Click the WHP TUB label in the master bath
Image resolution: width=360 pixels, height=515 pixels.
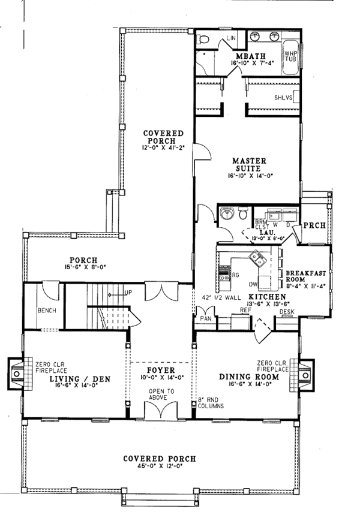pyautogui.click(x=290, y=55)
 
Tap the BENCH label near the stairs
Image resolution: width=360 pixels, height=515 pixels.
pyautogui.click(x=46, y=311)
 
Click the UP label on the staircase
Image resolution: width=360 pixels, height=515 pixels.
pyautogui.click(x=127, y=292)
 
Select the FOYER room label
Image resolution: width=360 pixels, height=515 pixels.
pyautogui.click(x=160, y=371)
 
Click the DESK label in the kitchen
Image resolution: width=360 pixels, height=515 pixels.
pyautogui.click(x=287, y=311)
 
